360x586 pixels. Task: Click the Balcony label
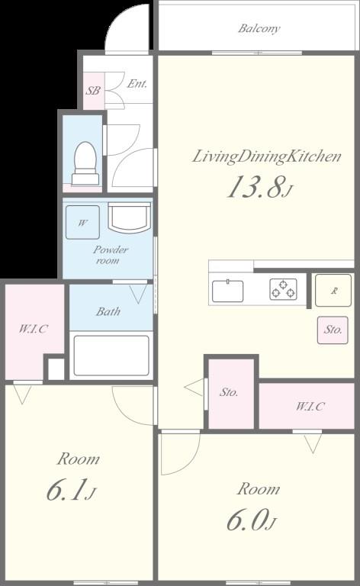259,29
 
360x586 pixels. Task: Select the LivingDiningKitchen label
265,157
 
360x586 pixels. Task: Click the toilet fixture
84,163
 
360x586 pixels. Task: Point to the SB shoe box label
92,91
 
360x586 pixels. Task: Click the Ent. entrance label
137,84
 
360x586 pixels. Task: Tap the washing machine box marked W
82,224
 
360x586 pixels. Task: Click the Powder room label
111,255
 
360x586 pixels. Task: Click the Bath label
108,311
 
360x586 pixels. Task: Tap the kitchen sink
227,291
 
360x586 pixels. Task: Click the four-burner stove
282,289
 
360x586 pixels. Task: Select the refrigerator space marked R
333,290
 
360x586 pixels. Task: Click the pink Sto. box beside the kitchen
333,330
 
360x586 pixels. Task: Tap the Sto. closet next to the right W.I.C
230,392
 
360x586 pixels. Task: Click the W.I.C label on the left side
33,329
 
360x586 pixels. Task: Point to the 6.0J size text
251,521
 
